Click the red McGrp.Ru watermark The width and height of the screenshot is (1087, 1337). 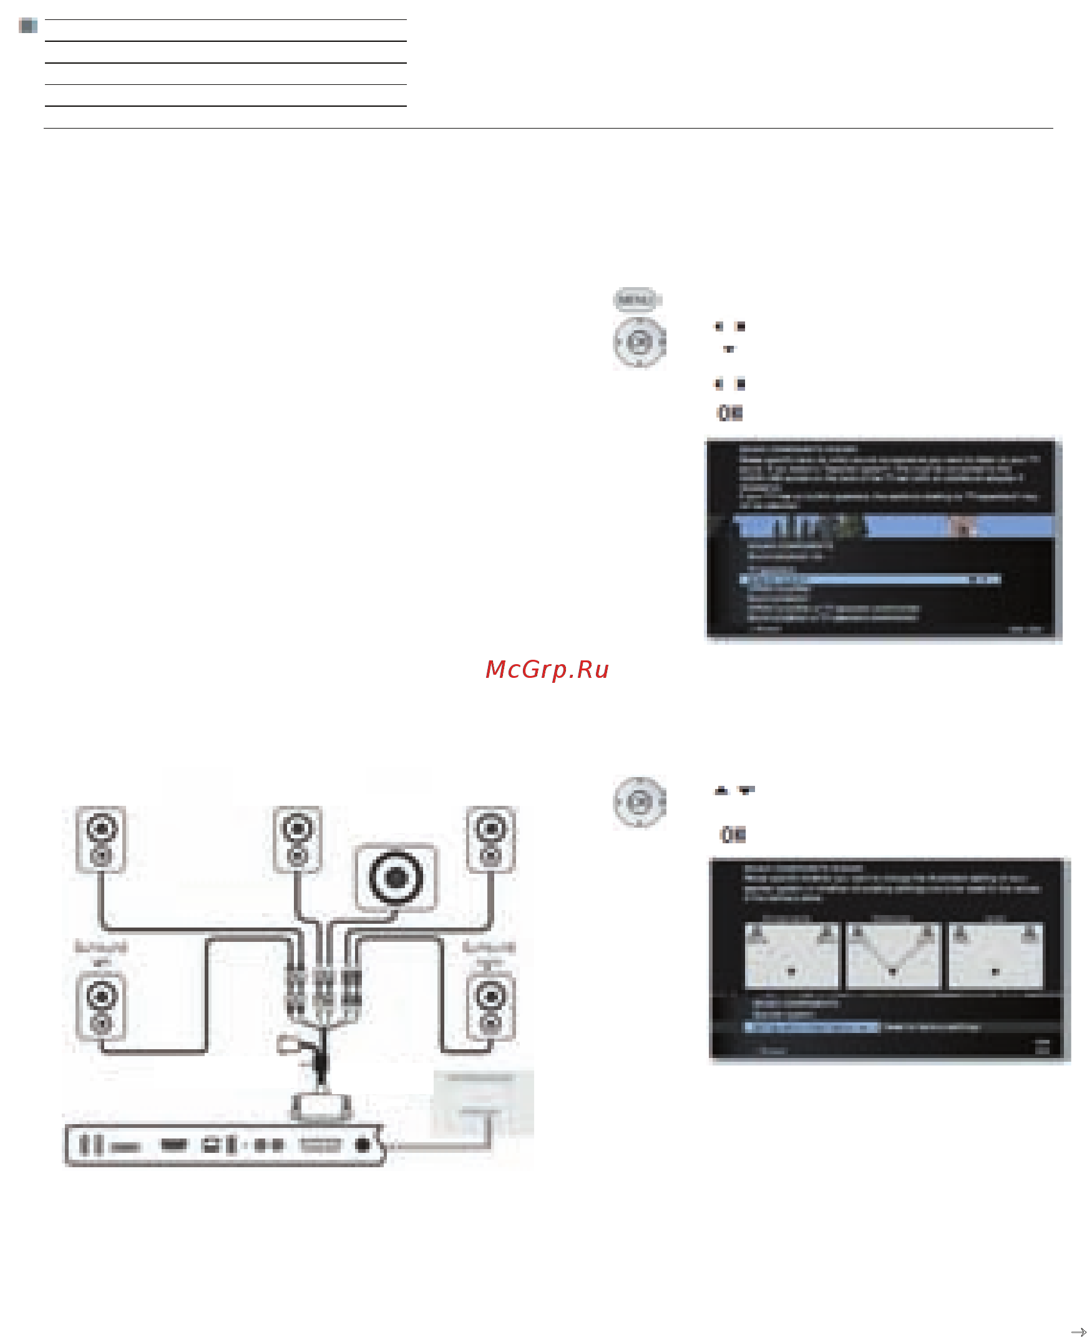[547, 670]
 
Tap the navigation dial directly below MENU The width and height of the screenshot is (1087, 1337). [639, 342]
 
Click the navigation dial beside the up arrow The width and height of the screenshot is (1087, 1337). [639, 802]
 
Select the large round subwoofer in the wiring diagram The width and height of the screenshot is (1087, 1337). [396, 878]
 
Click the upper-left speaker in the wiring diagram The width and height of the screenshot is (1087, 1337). [101, 838]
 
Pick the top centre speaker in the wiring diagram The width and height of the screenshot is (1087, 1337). [298, 838]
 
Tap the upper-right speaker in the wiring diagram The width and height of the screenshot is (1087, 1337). [491, 838]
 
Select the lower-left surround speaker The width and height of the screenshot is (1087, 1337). [100, 1006]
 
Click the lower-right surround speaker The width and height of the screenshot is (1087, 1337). [491, 1006]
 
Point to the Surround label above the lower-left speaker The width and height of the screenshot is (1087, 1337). [101, 946]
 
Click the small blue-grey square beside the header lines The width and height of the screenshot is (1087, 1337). [28, 26]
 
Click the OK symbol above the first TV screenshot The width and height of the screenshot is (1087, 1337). [729, 413]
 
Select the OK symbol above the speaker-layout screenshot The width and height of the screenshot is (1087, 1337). [733, 835]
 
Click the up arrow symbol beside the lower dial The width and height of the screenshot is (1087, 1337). [722, 791]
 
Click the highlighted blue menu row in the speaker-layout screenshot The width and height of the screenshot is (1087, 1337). [811, 1027]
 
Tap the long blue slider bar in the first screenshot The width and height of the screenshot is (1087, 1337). [870, 580]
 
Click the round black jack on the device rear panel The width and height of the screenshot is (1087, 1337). [363, 1145]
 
